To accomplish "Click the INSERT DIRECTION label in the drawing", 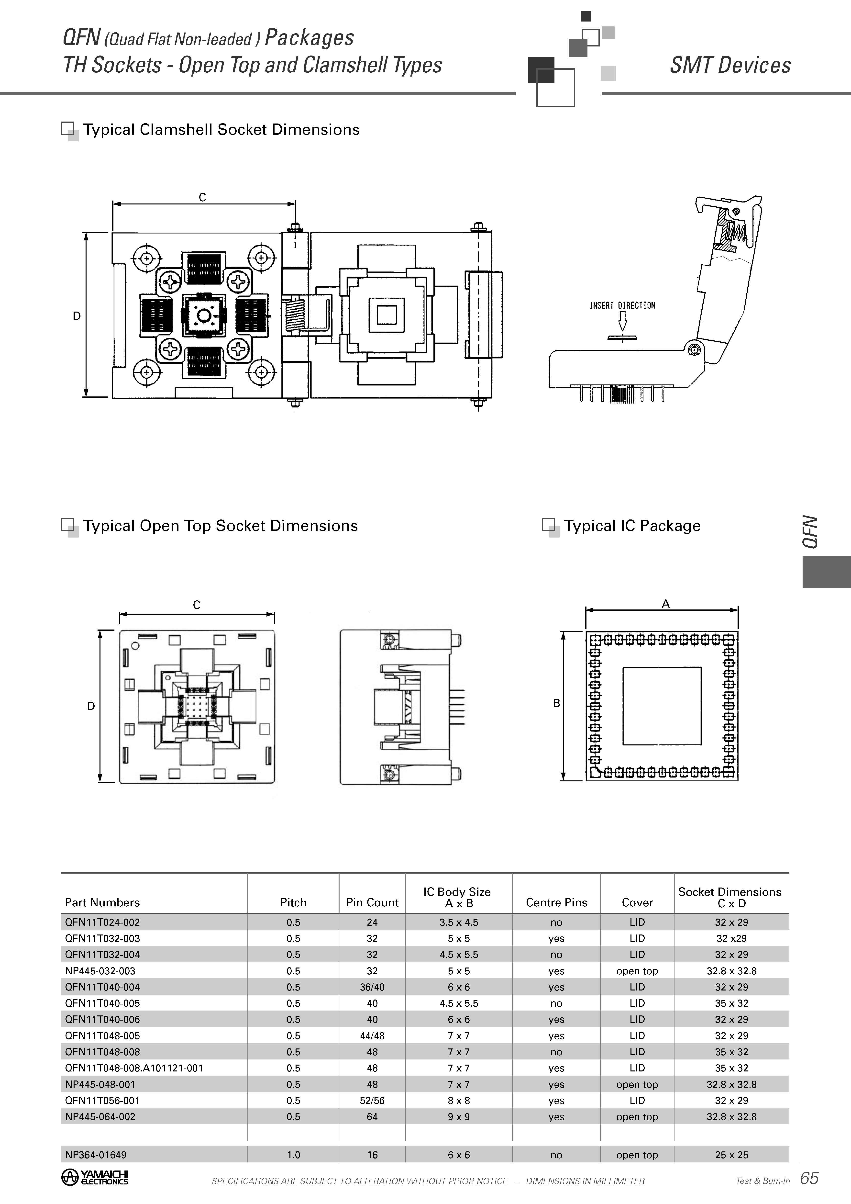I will tap(622, 305).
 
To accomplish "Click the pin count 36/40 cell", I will tap(372, 987).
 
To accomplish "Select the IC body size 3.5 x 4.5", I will tap(459, 922).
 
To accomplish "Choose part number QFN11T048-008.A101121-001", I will tap(134, 1068).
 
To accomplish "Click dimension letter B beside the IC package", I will tap(557, 703).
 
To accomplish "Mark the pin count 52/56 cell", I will tap(372, 1100).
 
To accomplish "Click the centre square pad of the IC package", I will tap(662, 706).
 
